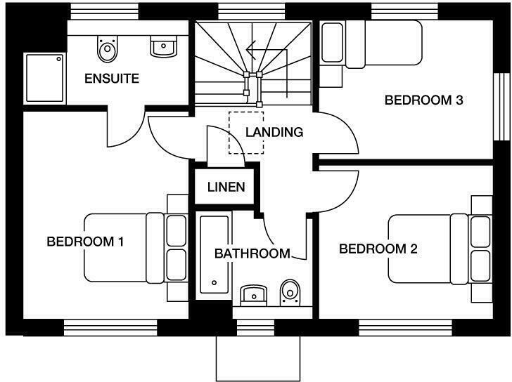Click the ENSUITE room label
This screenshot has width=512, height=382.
coord(111,78)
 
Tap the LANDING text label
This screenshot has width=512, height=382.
coord(274,131)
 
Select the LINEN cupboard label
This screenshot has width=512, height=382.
coord(226,187)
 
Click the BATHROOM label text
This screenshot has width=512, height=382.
coord(252,253)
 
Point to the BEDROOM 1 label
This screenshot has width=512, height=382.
coord(85,242)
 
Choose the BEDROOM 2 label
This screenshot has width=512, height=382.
coord(378,249)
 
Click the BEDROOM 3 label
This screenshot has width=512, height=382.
coord(423,100)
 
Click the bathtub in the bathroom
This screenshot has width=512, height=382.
coord(214,254)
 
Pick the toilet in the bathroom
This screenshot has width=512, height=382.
coord(289,291)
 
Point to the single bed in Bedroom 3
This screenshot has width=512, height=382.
coord(371,44)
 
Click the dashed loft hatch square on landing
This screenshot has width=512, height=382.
coord(245,132)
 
